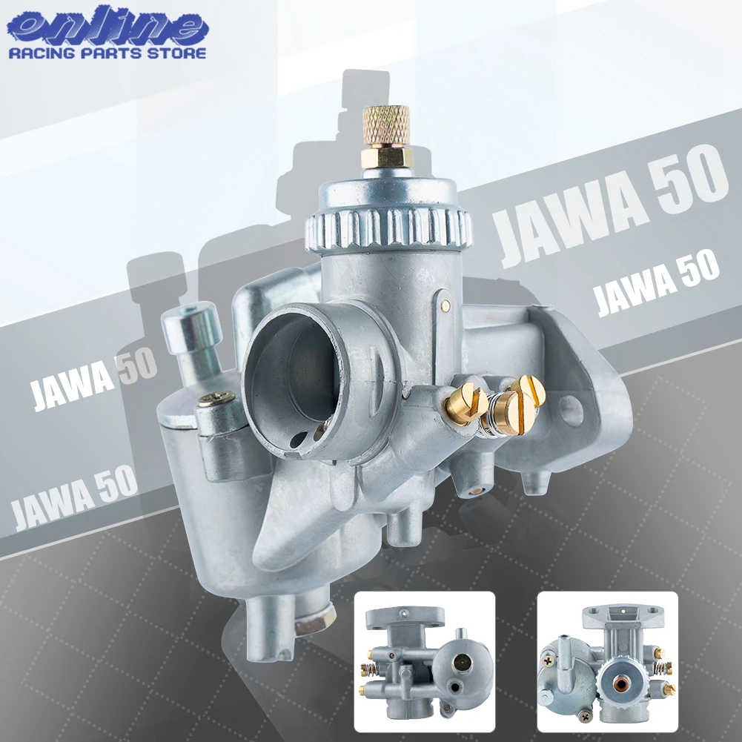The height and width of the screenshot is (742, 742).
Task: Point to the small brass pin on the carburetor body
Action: coord(445,303)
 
